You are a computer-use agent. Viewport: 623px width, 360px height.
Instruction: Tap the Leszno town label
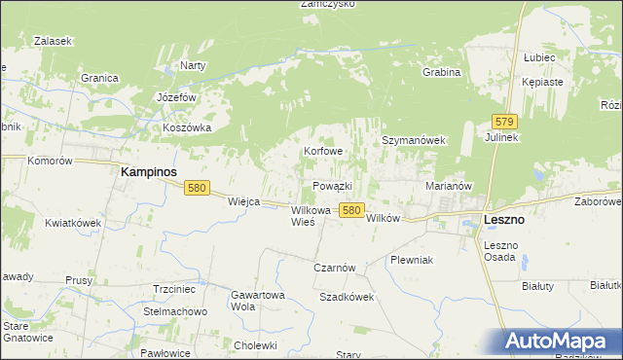[x=504, y=220]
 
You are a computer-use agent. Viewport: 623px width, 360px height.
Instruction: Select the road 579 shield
[x=503, y=122]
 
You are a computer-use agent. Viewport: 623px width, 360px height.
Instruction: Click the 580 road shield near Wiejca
[x=197, y=189]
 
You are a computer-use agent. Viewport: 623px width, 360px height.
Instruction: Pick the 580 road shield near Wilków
[x=352, y=210]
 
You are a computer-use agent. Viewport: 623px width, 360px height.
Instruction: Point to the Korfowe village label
[x=323, y=152]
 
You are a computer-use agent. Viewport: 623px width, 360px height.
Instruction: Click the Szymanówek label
[x=413, y=140]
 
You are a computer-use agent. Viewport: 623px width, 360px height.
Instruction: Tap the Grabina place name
[x=441, y=72]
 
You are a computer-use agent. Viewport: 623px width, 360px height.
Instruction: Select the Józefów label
[x=177, y=98]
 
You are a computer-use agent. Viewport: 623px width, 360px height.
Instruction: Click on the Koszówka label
[x=188, y=127]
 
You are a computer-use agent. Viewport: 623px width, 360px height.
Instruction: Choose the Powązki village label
[x=332, y=186]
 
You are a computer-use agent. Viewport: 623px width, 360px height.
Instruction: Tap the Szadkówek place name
[x=347, y=297]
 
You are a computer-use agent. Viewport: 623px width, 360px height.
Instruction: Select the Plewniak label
[x=411, y=261]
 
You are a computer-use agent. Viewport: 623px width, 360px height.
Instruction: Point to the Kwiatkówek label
[x=73, y=223]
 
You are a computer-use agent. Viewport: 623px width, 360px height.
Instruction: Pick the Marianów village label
[x=449, y=185]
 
